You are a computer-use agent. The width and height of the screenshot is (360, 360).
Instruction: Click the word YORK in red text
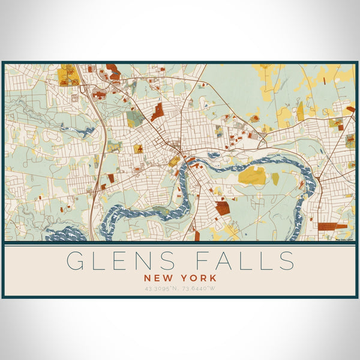(199, 278)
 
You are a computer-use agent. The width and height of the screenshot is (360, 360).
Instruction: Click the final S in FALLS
(286, 261)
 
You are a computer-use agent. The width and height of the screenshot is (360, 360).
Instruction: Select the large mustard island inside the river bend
(252, 176)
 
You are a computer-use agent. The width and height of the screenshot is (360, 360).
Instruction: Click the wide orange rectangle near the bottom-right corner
(332, 227)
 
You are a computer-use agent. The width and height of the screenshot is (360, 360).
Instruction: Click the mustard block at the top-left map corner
(68, 77)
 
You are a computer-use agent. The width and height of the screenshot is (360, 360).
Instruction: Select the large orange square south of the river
(223, 208)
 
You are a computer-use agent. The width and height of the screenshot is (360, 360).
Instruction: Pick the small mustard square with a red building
(139, 148)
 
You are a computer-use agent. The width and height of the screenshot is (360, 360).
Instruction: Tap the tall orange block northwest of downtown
(157, 111)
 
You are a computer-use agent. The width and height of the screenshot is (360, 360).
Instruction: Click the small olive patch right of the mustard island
(275, 178)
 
